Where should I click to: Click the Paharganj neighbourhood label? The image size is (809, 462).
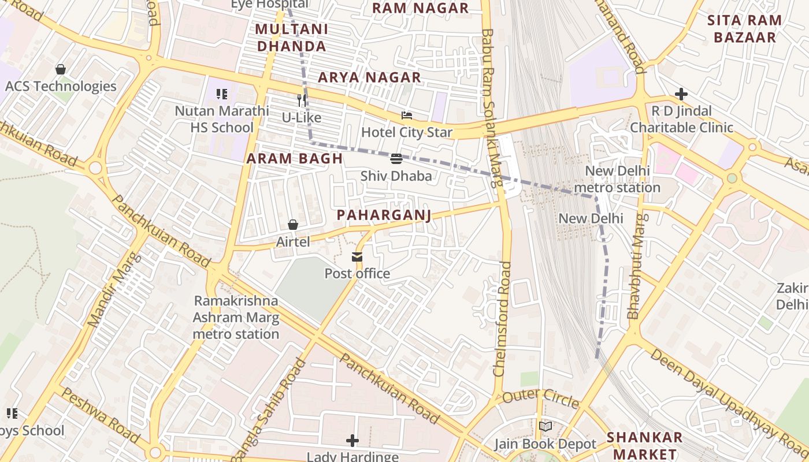click(x=384, y=215)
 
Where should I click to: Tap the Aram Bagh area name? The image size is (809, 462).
click(x=295, y=159)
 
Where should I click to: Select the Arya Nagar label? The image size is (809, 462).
click(x=369, y=77)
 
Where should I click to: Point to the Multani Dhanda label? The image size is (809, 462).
click(x=291, y=38)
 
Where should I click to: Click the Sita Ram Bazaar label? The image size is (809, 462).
click(x=744, y=29)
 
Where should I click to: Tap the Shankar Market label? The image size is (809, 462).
click(x=644, y=445)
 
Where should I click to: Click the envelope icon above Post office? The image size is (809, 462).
click(x=357, y=257)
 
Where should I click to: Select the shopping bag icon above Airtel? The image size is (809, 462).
click(x=293, y=225)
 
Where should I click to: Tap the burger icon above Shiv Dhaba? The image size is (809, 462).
click(x=396, y=159)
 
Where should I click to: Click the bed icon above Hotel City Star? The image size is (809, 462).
click(x=407, y=115)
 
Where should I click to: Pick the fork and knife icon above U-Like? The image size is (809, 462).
click(x=301, y=100)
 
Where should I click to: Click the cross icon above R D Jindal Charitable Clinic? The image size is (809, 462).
click(x=681, y=94)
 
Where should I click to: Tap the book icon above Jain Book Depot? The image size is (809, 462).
click(x=545, y=427)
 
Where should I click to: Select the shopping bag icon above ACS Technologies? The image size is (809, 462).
click(x=61, y=69)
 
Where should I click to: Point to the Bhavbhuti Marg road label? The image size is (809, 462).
click(x=636, y=267)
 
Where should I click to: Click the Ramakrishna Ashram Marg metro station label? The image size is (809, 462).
click(x=236, y=318)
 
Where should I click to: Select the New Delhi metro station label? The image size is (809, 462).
click(x=617, y=180)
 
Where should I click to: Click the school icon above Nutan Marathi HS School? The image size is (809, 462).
click(x=222, y=94)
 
